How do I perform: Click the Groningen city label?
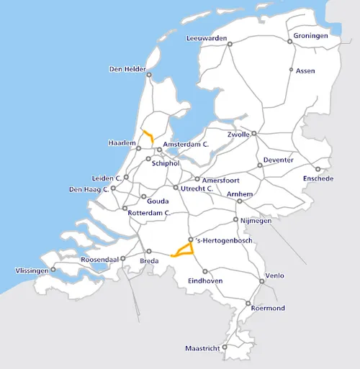[311, 35]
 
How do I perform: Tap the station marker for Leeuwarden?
[230, 44]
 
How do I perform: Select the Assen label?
[307, 70]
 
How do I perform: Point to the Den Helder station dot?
[148, 75]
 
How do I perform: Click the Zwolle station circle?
[253, 133]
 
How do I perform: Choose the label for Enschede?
[318, 178]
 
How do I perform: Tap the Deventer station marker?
[260, 165]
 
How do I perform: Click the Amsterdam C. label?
[186, 145]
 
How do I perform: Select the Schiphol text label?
[165, 163]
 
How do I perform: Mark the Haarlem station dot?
[139, 148]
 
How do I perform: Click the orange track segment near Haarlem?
[148, 137]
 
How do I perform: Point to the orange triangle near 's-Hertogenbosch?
[185, 250]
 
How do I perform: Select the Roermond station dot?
[249, 302]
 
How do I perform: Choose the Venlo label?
[275, 275]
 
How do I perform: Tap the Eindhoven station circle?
[204, 271]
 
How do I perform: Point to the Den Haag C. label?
[88, 189]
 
